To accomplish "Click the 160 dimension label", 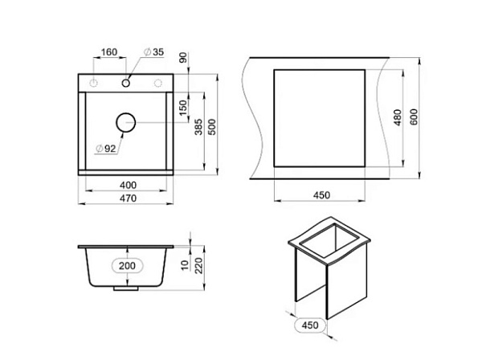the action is click(109, 52).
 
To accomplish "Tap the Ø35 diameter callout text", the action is click(154, 52).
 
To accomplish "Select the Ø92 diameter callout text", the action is click(106, 149).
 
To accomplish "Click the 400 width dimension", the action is click(129, 185).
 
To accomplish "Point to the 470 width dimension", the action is click(129, 198).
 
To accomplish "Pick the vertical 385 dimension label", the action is click(198, 127).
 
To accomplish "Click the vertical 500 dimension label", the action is click(212, 127).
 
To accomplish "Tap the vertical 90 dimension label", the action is click(183, 58).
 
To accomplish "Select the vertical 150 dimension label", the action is click(183, 108).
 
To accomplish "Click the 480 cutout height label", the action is click(398, 117).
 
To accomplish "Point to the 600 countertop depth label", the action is click(414, 117).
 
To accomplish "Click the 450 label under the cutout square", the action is click(321, 195).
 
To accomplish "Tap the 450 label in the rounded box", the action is click(310, 325).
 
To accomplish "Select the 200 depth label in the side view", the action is click(127, 266).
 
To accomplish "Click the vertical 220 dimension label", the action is click(199, 266).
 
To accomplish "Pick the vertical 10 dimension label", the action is click(185, 265).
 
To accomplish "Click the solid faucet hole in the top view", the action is click(126, 83).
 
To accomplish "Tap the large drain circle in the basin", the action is click(126, 123).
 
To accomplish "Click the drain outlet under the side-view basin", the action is click(126, 288).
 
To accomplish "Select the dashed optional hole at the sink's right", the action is click(158, 83).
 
